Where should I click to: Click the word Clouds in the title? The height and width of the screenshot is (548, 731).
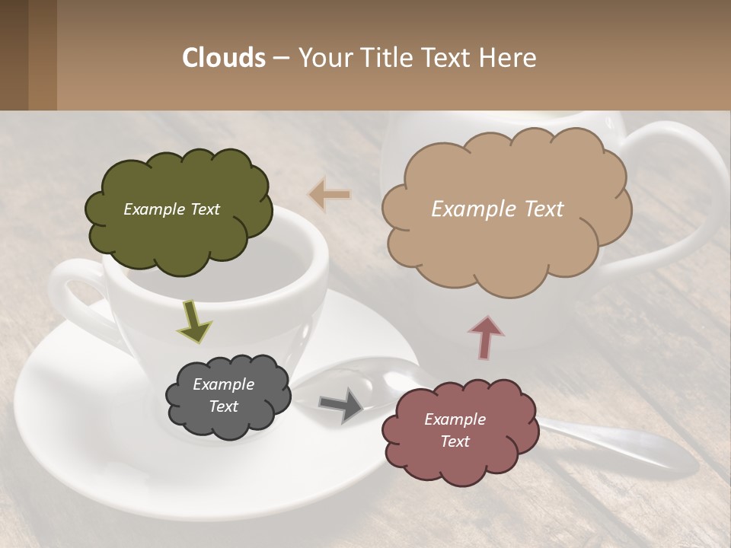click(x=224, y=58)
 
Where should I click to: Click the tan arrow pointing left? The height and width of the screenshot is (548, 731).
click(x=329, y=195)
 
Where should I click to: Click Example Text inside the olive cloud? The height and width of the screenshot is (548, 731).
click(x=171, y=209)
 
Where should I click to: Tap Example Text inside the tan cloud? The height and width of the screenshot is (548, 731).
click(x=497, y=209)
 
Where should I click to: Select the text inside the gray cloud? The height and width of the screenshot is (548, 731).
click(x=223, y=395)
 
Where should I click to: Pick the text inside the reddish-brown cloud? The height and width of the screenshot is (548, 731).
click(x=455, y=430)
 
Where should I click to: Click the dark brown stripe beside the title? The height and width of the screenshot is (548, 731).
click(x=14, y=55)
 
